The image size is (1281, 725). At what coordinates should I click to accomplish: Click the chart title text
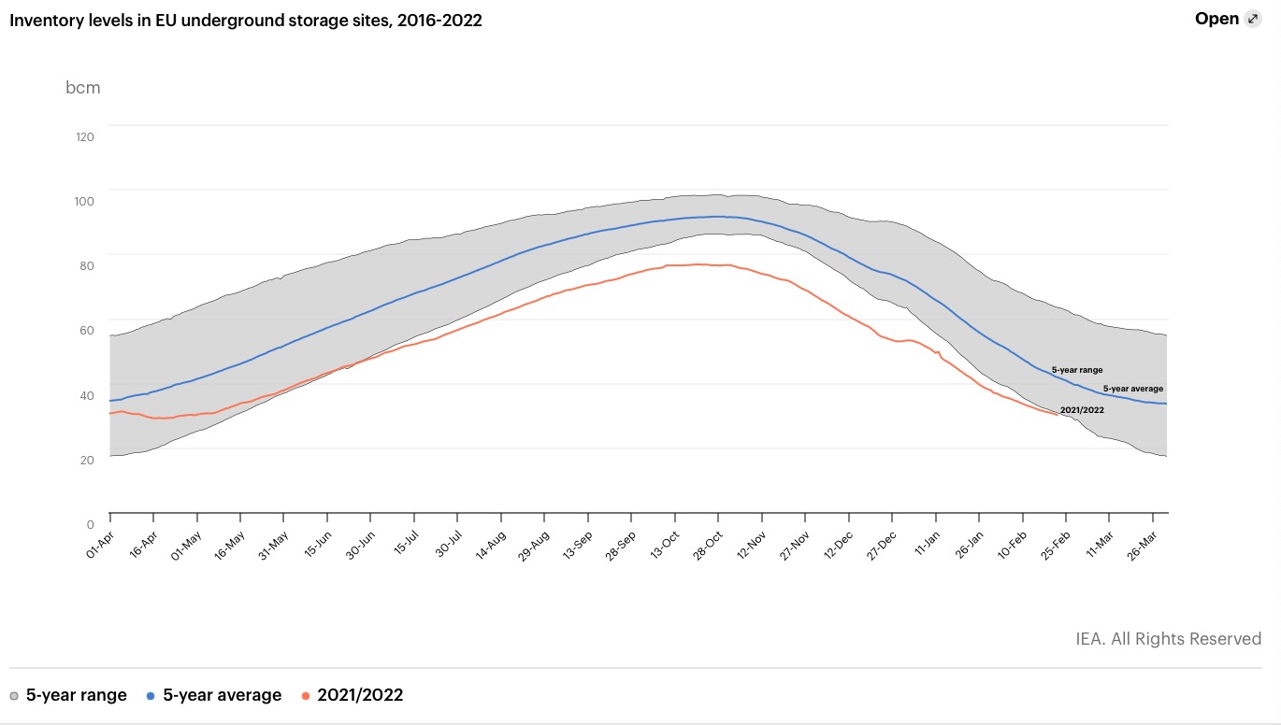[246, 20]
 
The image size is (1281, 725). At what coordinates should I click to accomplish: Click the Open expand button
[1228, 19]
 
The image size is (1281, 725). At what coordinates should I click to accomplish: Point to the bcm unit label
[82, 88]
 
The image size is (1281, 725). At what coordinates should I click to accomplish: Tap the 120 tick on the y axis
[85, 136]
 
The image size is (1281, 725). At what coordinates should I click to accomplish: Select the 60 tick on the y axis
[85, 330]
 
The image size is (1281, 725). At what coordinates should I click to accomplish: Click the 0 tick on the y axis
[90, 524]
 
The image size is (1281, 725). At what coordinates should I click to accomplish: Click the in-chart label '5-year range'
[1076, 370]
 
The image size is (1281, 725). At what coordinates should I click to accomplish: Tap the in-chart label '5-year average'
[1132, 388]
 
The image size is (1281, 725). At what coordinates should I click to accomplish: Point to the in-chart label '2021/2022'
[1082, 410]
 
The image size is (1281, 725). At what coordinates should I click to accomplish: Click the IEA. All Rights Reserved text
[1168, 639]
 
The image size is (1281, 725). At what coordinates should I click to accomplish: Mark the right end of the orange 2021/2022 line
[1058, 414]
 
